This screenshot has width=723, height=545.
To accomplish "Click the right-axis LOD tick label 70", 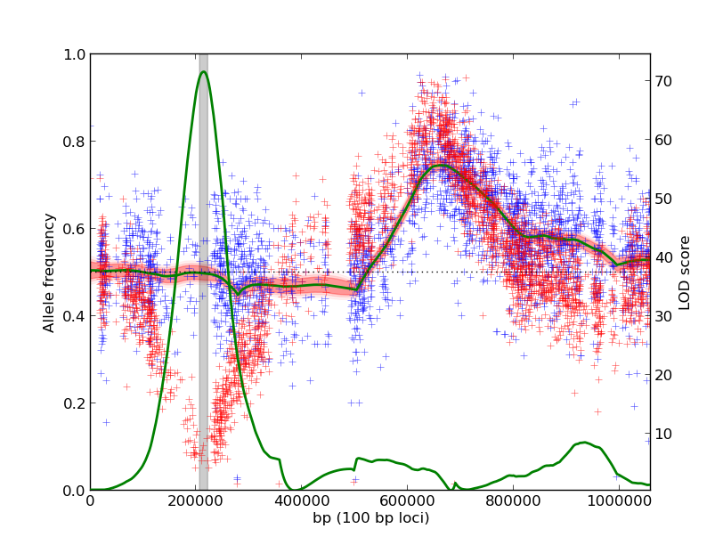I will click(663, 81).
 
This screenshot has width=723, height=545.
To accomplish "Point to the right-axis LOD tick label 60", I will click(663, 140).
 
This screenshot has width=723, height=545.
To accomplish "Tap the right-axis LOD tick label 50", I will click(663, 199).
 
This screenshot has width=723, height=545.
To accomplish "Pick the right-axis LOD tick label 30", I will click(663, 316).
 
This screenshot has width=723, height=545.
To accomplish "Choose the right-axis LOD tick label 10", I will click(663, 434).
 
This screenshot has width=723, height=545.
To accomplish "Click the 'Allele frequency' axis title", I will click(50, 272).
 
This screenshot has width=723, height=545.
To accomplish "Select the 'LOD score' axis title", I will click(685, 272).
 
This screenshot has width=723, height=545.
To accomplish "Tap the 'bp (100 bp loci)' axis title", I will click(370, 518).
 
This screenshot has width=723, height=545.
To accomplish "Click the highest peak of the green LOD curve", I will click(203, 71).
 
